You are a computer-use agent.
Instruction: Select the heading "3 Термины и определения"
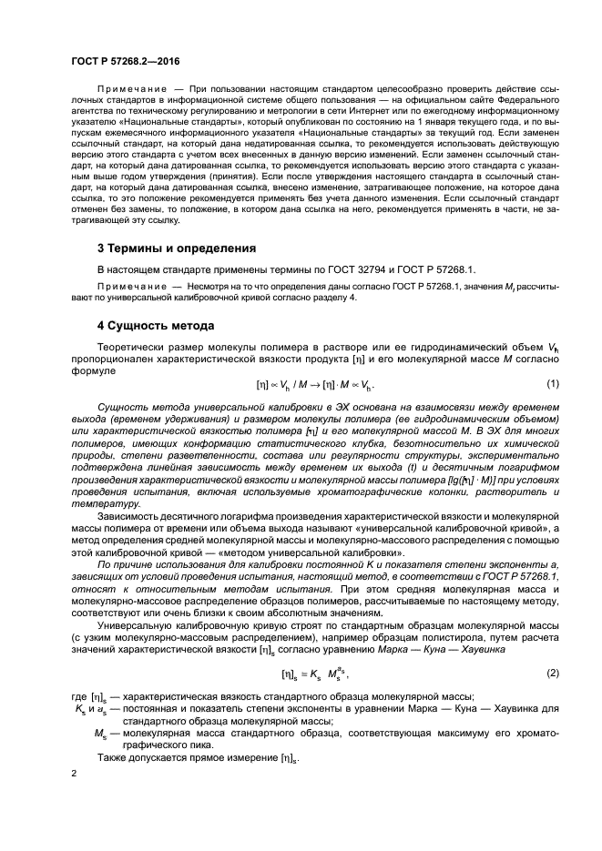tap(177, 248)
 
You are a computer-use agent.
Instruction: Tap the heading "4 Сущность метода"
tap(156, 326)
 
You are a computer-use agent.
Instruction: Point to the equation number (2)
tap(553, 673)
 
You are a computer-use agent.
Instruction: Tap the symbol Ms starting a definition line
tap(100, 734)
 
